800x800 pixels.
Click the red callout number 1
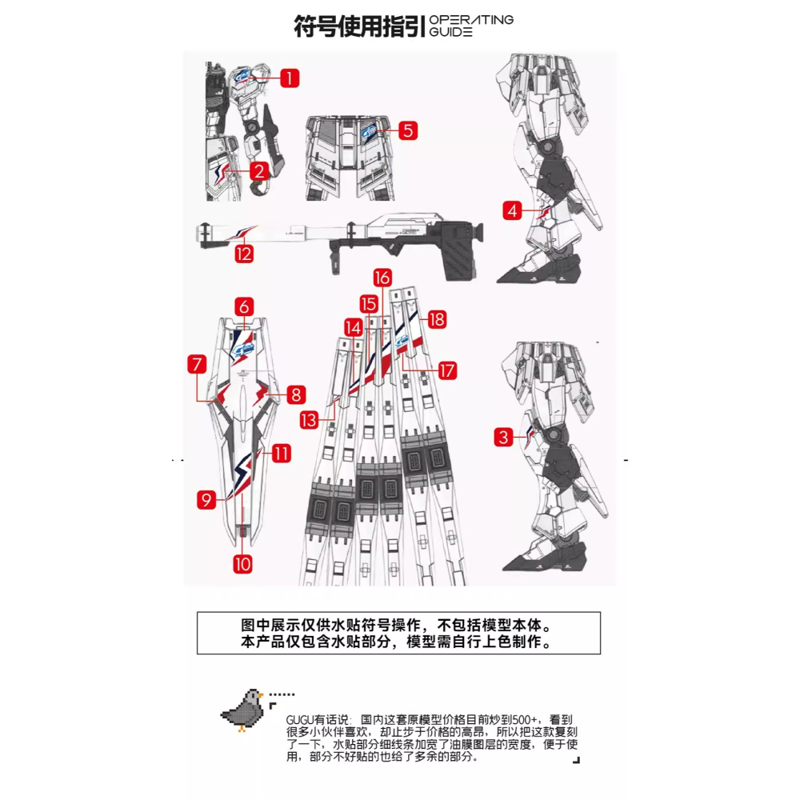(x=289, y=78)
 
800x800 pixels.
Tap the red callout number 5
(x=408, y=130)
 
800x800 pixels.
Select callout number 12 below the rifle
(x=244, y=254)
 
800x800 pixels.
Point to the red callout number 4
(x=513, y=211)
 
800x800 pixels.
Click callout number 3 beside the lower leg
(x=503, y=437)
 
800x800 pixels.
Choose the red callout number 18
(x=436, y=319)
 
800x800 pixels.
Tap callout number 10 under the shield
(x=243, y=563)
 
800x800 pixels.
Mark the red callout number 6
(x=245, y=306)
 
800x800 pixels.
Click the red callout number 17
(x=446, y=370)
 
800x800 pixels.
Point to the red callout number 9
(x=206, y=500)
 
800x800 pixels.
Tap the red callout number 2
(x=258, y=170)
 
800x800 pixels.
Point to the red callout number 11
(x=281, y=454)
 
